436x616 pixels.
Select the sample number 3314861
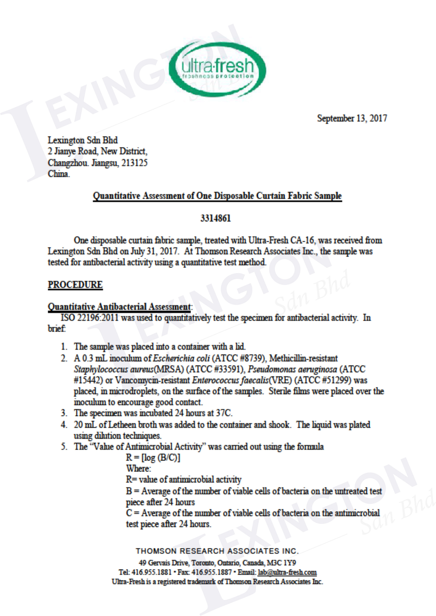(x=215, y=218)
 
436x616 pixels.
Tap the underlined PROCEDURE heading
(x=75, y=285)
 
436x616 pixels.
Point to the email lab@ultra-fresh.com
(x=287, y=572)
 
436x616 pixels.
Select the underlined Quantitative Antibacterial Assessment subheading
(x=119, y=306)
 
